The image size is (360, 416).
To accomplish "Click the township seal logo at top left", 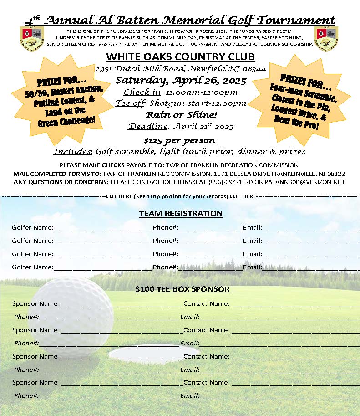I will click(x=32, y=36).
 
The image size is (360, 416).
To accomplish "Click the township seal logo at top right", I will click(x=326, y=36).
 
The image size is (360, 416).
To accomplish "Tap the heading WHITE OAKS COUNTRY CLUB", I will click(x=180, y=57).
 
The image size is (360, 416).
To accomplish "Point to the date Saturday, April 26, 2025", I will click(x=181, y=81).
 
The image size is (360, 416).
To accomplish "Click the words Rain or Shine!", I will click(x=181, y=115).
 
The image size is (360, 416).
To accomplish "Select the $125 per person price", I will click(x=179, y=140).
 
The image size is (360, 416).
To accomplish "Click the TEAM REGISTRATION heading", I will click(x=181, y=213).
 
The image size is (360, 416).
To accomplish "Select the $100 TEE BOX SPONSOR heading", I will click(x=182, y=289).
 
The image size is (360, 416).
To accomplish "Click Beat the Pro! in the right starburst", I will click(x=296, y=122).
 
